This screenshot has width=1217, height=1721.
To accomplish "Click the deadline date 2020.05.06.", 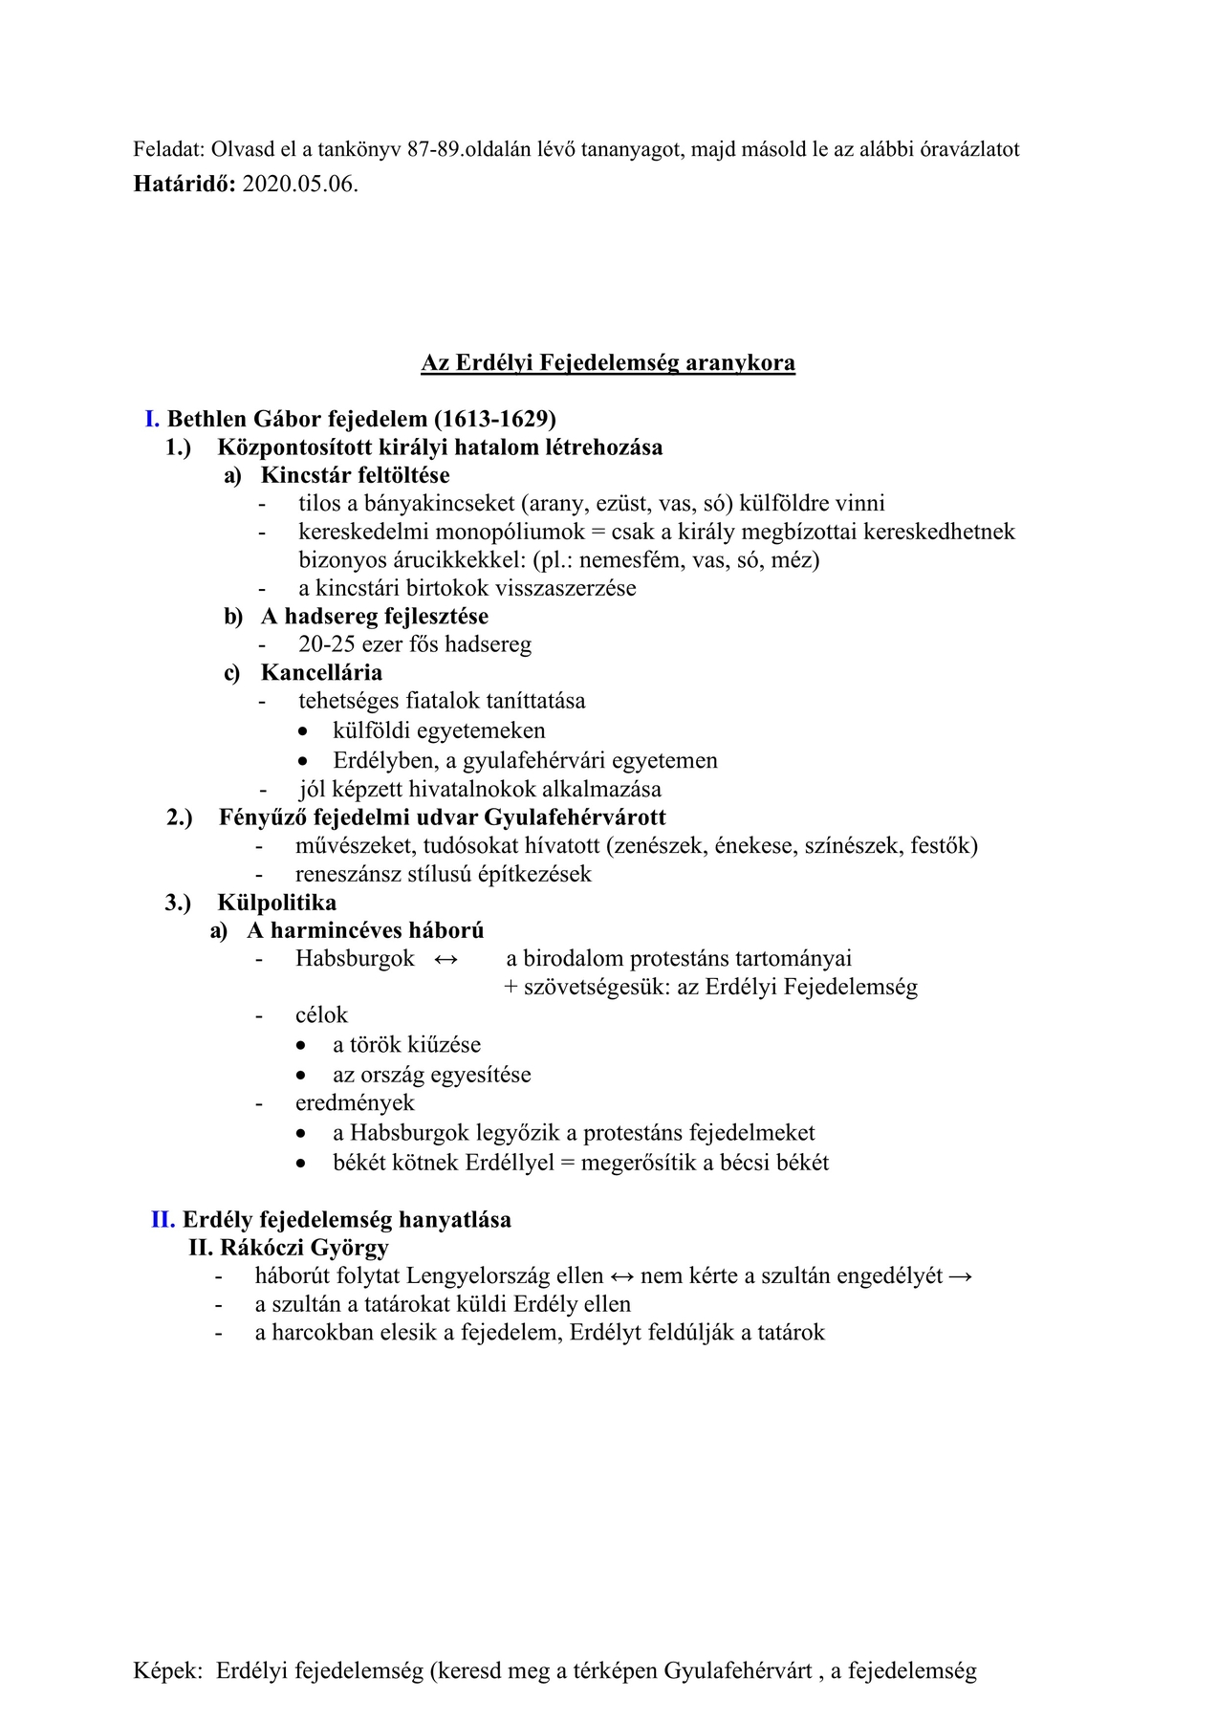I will point(300,184).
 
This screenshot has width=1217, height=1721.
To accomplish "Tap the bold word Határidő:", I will point(185,184).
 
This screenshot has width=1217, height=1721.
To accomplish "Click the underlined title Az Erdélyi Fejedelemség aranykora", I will point(608,363).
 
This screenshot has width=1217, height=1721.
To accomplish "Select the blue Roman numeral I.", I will point(152,419).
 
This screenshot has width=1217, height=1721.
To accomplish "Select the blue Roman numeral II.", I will point(163,1220).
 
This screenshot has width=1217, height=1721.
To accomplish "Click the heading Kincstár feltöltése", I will point(355,475).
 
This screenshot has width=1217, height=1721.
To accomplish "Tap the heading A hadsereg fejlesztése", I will point(374,617).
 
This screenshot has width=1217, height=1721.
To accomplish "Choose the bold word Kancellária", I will point(321,673).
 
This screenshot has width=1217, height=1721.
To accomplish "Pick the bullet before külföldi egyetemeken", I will point(303,732).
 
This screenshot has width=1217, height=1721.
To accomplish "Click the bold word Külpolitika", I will point(276,903).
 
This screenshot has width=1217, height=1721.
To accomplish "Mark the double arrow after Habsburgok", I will point(446,959).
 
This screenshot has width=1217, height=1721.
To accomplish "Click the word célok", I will point(321,1015).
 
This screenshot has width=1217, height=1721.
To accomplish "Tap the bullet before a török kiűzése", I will point(303,1047).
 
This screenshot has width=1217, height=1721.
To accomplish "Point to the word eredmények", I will point(355,1103).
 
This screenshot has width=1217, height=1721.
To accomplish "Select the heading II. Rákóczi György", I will point(289,1248).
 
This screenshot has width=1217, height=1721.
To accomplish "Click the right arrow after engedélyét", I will point(961,1276).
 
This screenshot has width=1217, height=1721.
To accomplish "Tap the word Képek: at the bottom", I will point(168,1671).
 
